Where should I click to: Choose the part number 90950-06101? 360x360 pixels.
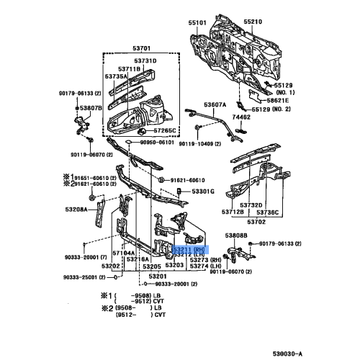[158, 143]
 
